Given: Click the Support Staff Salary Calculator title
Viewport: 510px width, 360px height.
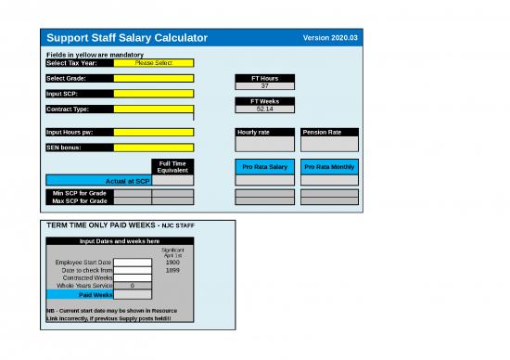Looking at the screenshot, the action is point(127,37).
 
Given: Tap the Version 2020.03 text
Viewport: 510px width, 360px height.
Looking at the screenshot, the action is point(329,37).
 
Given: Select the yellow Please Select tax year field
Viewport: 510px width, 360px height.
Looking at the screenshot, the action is point(153,63).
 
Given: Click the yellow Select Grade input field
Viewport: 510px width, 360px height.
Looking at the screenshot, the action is point(153,79).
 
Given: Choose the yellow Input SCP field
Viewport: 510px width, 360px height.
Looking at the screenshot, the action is point(153,94).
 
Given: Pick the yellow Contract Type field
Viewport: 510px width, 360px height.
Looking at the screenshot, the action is point(153,109).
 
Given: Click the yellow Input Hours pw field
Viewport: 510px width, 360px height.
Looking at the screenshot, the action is point(153,132).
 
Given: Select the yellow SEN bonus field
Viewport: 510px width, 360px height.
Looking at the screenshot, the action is point(153,147).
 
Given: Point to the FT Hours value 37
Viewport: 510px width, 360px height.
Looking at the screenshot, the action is point(265,86).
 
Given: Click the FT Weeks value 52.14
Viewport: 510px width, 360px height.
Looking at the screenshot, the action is point(265,109).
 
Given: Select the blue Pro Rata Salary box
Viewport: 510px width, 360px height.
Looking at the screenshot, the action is point(265,167).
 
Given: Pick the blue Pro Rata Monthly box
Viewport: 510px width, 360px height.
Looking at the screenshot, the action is point(328,167).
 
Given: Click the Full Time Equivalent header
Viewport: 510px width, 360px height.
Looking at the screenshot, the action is point(173,167).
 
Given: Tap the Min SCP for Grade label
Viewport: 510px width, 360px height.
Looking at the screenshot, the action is point(80,193).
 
